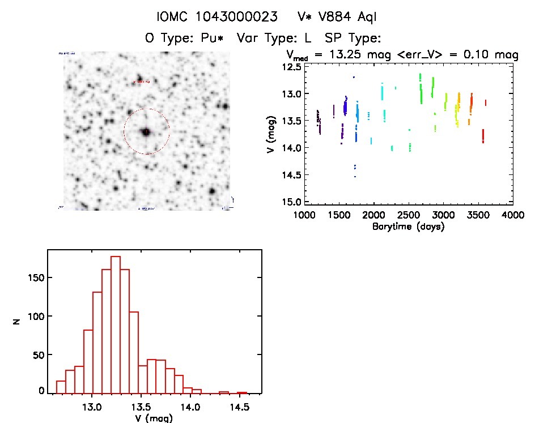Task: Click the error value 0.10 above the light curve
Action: [478, 55]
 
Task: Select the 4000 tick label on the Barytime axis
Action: [512, 215]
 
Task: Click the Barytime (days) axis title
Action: [408, 227]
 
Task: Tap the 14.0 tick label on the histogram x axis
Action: [190, 406]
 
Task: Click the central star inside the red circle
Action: [146, 131]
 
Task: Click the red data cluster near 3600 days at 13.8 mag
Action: [483, 136]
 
